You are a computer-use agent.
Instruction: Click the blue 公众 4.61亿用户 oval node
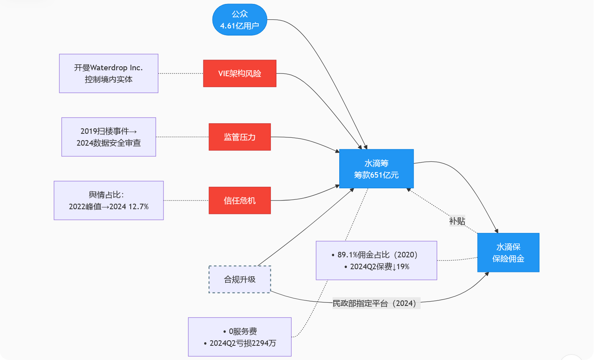(x=240, y=20)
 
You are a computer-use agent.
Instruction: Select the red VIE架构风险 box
(x=240, y=73)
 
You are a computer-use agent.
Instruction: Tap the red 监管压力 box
(x=240, y=137)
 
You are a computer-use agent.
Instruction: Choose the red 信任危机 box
(x=240, y=201)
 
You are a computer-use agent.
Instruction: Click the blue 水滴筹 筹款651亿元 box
(x=376, y=169)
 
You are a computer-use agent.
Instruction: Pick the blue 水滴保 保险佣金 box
(x=508, y=253)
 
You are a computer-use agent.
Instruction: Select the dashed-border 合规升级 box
(x=240, y=279)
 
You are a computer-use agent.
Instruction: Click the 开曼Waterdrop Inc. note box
(x=109, y=73)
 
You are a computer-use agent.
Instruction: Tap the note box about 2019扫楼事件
(x=109, y=137)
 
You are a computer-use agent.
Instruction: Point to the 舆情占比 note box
(x=109, y=201)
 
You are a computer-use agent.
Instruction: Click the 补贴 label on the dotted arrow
(x=457, y=221)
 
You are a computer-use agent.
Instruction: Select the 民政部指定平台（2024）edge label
(x=376, y=303)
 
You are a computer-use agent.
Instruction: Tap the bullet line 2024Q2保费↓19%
(x=379, y=267)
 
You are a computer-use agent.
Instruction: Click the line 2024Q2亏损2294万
(x=242, y=343)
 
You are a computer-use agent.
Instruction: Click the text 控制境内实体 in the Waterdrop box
(x=109, y=79)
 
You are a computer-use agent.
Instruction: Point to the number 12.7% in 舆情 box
(x=138, y=206)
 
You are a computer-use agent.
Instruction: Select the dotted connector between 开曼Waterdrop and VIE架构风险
(x=180, y=73)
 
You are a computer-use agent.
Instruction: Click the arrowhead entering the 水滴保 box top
(x=497, y=231)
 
